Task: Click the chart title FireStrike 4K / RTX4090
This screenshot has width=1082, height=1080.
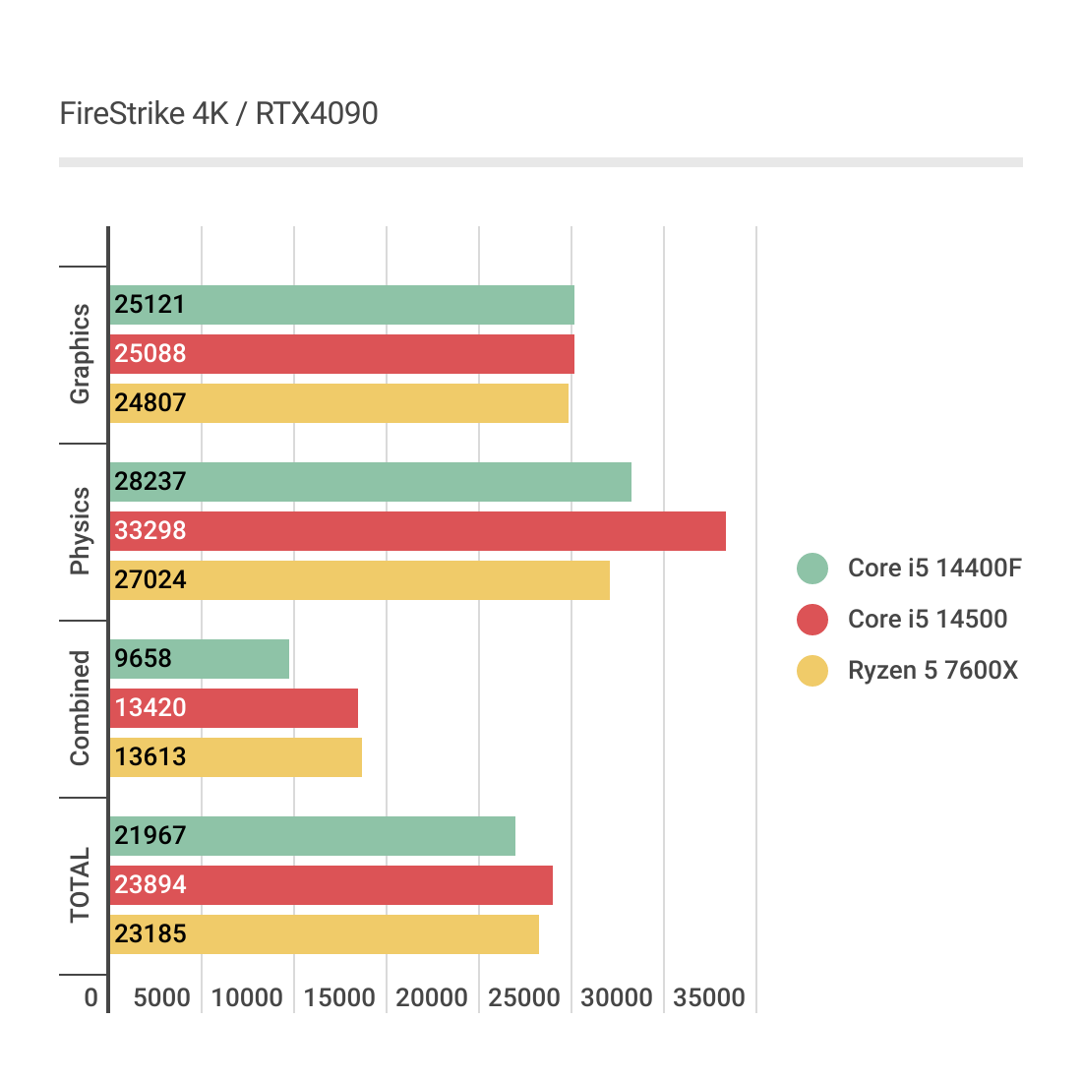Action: tap(218, 114)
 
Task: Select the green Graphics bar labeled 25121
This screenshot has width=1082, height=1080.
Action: tap(341, 305)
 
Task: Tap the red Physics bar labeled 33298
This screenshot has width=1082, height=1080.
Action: tap(417, 531)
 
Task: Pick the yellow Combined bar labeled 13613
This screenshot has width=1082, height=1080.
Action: tap(236, 757)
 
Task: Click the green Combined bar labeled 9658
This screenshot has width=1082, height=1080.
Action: tap(200, 659)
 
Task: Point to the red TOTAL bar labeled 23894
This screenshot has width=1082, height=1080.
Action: tap(331, 885)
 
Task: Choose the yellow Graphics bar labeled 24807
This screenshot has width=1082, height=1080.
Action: tap(338, 403)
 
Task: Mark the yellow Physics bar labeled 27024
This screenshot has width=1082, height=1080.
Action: tap(359, 580)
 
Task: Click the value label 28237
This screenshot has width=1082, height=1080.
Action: tap(150, 482)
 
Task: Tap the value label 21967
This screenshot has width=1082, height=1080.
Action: tap(150, 836)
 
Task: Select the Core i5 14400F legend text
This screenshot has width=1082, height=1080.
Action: tap(934, 569)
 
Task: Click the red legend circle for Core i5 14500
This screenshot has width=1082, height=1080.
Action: tap(812, 620)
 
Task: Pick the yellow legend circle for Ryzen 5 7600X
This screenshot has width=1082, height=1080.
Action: tap(812, 671)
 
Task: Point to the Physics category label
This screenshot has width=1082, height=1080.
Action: tap(80, 531)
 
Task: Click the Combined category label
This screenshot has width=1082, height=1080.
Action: tap(80, 708)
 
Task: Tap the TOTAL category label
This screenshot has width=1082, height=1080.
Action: tap(80, 885)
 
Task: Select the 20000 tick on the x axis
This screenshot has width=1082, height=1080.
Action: tap(432, 998)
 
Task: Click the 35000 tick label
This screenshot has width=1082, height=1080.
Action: tap(709, 998)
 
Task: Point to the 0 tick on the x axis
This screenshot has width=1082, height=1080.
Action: tap(91, 998)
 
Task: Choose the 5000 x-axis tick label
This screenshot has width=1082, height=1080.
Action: tap(162, 998)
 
